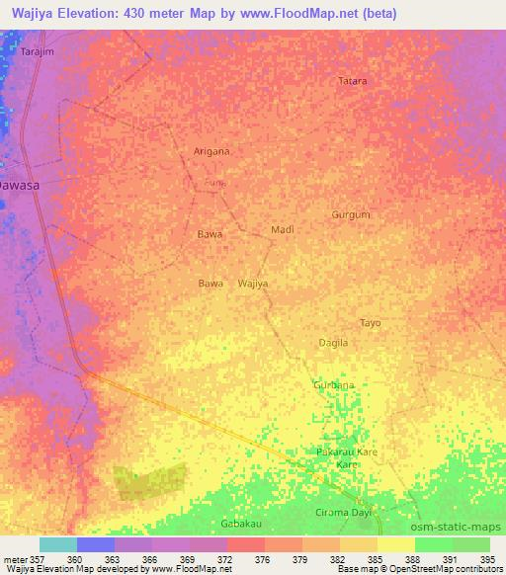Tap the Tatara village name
(x=353, y=81)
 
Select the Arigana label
(x=211, y=151)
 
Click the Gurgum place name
(x=351, y=214)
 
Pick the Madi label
(x=283, y=229)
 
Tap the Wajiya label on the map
(x=253, y=284)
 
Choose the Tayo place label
(x=370, y=323)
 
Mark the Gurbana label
(x=333, y=384)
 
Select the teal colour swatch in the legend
(x=58, y=544)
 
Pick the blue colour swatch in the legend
(x=96, y=544)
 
